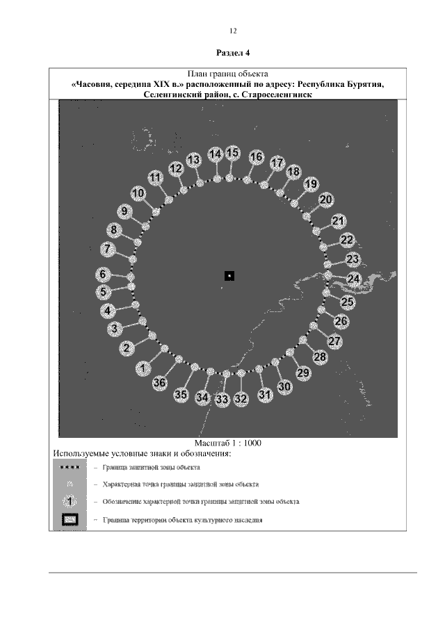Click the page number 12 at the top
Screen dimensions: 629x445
(233, 31)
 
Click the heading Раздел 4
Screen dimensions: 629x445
(233, 53)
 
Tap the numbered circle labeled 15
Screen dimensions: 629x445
(233, 153)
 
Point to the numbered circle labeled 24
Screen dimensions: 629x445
(354, 279)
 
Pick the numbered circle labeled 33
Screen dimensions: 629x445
(222, 400)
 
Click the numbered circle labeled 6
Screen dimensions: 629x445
(103, 275)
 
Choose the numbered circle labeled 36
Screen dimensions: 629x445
(159, 382)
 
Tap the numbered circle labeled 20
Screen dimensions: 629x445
(325, 199)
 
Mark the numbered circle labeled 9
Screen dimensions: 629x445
(125, 211)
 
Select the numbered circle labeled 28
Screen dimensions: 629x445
(320, 357)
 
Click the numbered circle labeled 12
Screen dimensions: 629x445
(176, 168)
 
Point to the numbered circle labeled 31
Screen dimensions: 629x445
(265, 395)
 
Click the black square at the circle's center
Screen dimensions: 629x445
(229, 276)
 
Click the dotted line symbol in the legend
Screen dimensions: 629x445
(71, 468)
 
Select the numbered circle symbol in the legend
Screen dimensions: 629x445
(71, 500)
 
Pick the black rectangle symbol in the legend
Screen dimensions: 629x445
(71, 519)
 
